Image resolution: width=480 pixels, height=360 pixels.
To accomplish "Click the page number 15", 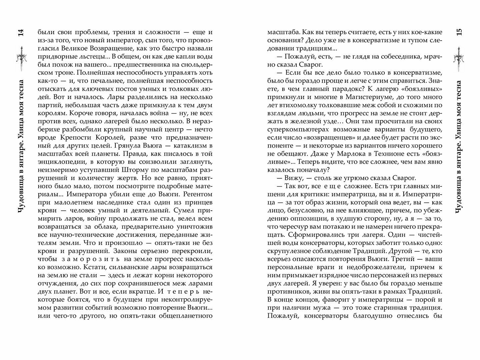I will (458, 32).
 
